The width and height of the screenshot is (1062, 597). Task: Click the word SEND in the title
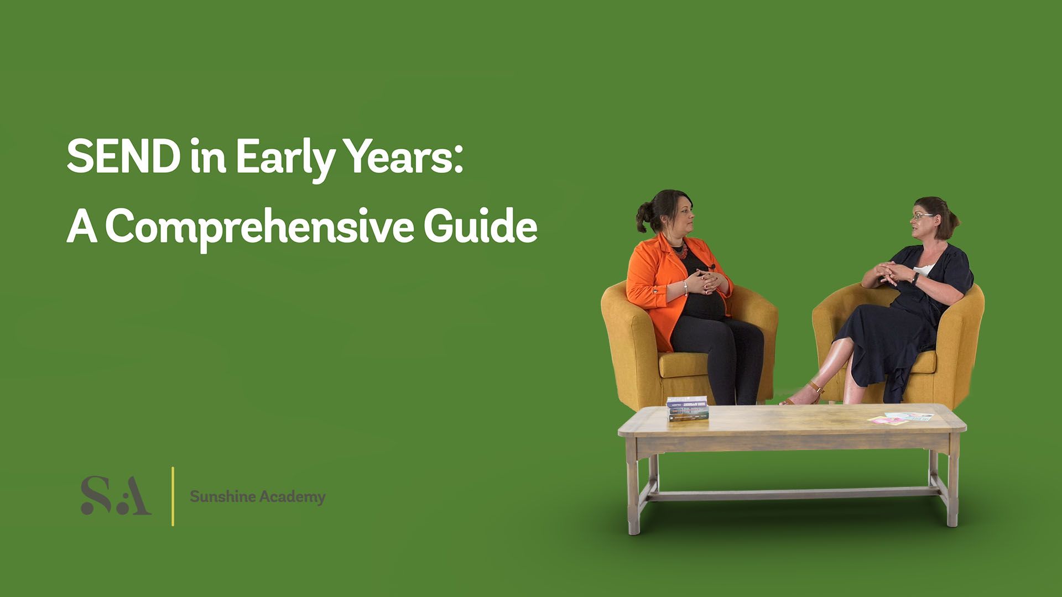tap(123, 156)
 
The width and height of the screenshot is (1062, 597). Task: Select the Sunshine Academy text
tap(257, 496)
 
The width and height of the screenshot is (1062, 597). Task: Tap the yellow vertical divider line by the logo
tap(173, 496)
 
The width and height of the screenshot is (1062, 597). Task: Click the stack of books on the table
tap(688, 410)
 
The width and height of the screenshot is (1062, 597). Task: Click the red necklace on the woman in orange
tap(680, 249)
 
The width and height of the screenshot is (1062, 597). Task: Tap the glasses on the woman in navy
tap(922, 216)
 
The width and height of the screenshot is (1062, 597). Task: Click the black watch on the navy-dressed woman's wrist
tap(915, 277)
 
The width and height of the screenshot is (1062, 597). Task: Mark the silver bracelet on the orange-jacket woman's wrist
tap(686, 288)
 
